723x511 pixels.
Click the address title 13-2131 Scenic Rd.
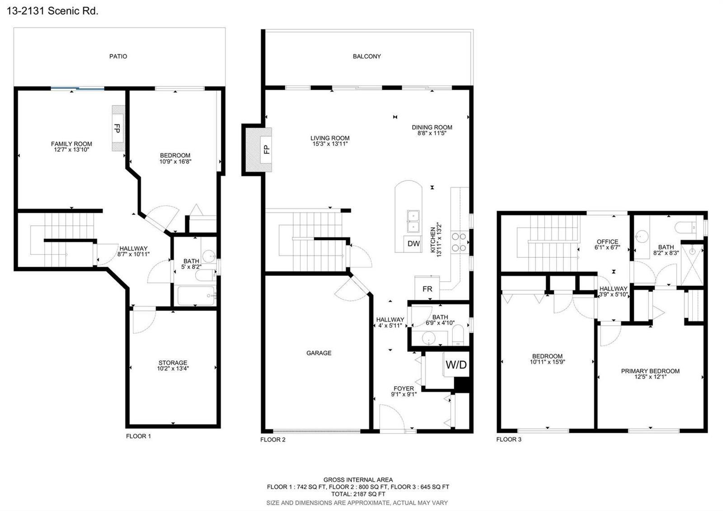(52, 11)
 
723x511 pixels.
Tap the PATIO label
(118, 57)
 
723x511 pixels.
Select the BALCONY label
(366, 57)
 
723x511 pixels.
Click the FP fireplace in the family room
(118, 128)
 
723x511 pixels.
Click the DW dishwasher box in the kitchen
(413, 244)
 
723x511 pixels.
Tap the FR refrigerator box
(427, 289)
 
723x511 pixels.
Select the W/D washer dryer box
(456, 364)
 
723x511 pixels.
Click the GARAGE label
(319, 353)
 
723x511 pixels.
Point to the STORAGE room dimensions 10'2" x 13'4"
(173, 368)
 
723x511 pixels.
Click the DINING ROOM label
(432, 128)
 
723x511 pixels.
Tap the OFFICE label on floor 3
(607, 241)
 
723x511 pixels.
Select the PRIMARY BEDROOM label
(650, 371)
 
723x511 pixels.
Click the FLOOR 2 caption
(273, 440)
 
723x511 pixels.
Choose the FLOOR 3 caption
(509, 439)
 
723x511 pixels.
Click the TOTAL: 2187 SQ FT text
(358, 494)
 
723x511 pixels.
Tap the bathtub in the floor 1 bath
(196, 296)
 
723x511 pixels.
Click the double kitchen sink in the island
(413, 221)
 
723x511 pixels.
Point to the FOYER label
(404, 388)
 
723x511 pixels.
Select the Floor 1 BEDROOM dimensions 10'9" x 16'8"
(175, 161)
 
